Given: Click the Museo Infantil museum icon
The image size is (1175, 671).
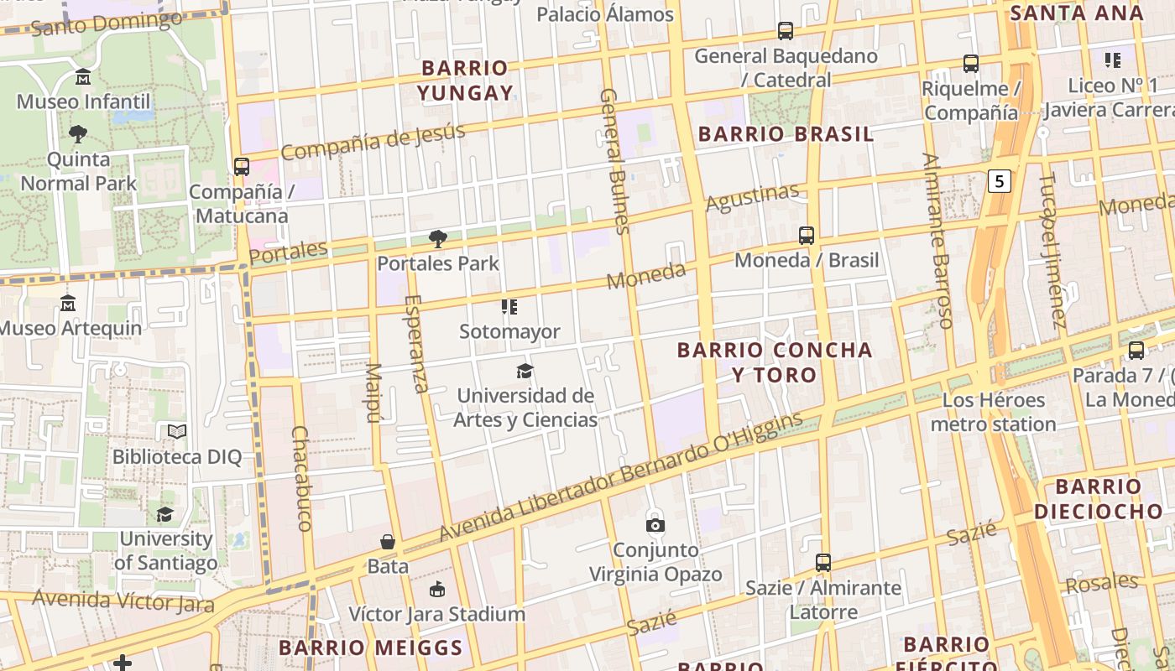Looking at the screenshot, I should coord(83,77).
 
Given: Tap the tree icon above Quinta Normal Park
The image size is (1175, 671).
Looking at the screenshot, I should coord(78,133).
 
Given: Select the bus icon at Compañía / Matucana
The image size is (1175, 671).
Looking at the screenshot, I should coord(242,166).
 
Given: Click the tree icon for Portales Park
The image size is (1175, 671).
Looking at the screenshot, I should coord(437,239).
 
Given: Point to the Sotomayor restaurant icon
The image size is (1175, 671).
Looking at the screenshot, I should coord(509,307).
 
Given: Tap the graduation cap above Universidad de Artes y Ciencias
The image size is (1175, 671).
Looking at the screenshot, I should coord(525,371).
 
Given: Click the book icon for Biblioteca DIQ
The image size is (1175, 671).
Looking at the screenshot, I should coord(176,432).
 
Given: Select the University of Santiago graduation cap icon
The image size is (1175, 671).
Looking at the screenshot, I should coord(165,513).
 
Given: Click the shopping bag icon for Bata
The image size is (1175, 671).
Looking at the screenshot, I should coord(388,542).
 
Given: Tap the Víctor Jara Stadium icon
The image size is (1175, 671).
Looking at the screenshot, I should coord(436,589).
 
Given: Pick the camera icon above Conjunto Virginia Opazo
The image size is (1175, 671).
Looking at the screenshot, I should coord(655,525).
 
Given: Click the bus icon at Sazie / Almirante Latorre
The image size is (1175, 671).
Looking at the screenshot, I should coord(823,562).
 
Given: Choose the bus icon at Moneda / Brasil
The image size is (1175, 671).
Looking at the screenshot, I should coord(807,236).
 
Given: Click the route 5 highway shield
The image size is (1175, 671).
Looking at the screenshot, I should coord(998,180).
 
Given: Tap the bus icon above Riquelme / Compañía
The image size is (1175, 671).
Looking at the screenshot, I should coord(971,63).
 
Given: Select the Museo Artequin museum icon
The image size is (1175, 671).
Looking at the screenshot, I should coord(69,303).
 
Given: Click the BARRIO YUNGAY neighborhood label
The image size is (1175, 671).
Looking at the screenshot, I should coord(466,80).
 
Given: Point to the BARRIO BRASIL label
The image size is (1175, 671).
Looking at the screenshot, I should coord(786,134).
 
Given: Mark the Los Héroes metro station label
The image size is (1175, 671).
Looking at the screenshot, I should coord(994,412).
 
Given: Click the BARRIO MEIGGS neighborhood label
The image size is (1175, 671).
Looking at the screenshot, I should coord(370,648).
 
